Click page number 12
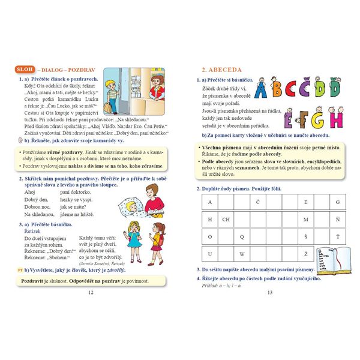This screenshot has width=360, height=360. click(91, 292)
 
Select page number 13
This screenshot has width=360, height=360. click(269, 292)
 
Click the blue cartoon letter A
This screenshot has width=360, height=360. click(262, 90)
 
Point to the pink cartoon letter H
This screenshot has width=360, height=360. click(336, 119)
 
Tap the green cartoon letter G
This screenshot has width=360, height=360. click(317, 119)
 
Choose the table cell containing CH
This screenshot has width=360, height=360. click(226, 219)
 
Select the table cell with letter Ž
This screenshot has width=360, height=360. click(306, 253)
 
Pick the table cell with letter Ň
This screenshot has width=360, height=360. click(338, 219)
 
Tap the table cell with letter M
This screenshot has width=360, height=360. click(306, 219)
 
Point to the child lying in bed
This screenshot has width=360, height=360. click(133, 208)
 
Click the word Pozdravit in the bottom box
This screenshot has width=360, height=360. click(33, 280)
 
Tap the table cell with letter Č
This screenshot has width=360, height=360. click(258, 202)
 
